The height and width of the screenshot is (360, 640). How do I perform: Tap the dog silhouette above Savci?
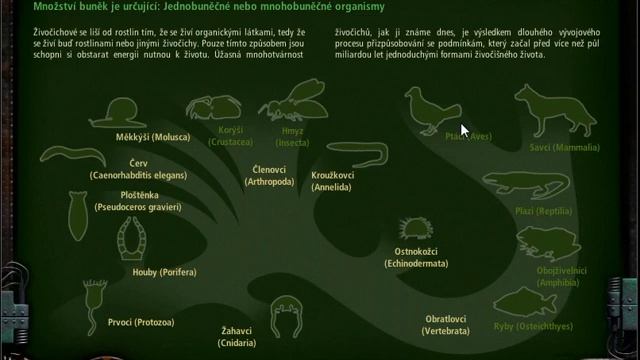click(545, 110)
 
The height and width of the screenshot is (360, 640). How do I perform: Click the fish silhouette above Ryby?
click(525, 300)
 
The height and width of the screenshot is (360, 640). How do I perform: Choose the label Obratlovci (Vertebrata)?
click(446, 325)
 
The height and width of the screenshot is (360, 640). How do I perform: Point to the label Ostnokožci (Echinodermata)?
click(416, 257)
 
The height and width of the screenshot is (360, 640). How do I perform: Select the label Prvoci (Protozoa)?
click(141, 322)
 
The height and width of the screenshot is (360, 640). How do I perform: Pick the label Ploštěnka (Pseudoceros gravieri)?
click(138, 202)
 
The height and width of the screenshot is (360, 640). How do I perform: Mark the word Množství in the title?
click(56, 8)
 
